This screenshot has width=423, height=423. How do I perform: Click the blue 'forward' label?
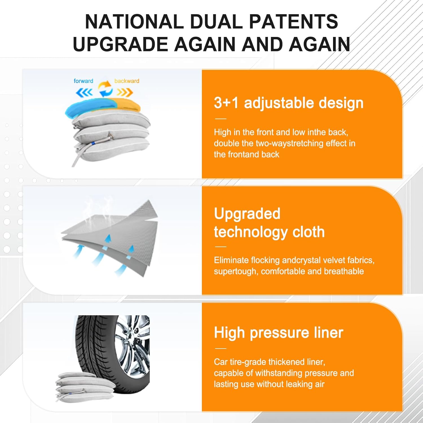coord(83,81)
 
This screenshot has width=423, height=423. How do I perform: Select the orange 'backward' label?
coord(127,81)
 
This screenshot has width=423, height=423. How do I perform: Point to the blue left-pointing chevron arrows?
coord(84,92)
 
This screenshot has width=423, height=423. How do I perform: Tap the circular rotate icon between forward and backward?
coord(105,89)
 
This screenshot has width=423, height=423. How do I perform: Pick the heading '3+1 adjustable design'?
coord(288,103)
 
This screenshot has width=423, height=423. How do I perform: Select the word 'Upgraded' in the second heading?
coord(247,213)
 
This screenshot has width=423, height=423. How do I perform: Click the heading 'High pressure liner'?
coord(278,332)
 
